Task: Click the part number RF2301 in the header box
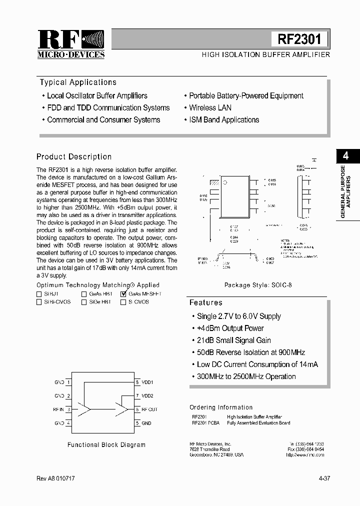[x=299, y=38]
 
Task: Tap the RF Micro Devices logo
[x=71, y=44]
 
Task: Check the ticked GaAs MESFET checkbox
[x=123, y=294]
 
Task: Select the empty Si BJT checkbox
[x=39, y=294]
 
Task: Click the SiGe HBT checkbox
[x=84, y=302]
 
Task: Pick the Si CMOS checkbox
[x=123, y=302]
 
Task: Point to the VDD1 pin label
[x=147, y=382]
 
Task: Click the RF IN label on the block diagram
[x=58, y=409]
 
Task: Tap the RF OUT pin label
[x=149, y=409]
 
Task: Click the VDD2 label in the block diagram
[x=147, y=396]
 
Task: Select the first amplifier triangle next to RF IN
[x=84, y=409]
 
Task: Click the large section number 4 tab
[x=345, y=155]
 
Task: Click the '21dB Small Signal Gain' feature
[x=233, y=340]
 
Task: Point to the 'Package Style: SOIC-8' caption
[x=258, y=285]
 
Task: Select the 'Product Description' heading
[x=74, y=156]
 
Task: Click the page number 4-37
[x=324, y=478]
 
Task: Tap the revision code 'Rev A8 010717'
[x=56, y=478]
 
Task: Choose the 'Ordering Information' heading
[x=221, y=407]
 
